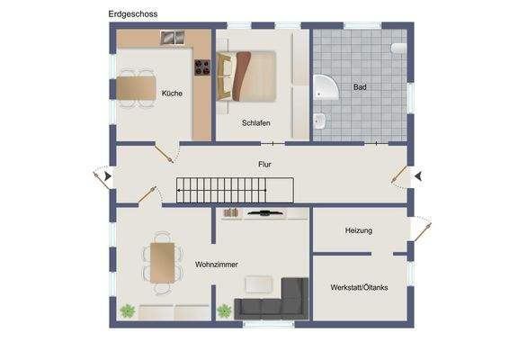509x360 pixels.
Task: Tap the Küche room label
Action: (171, 94)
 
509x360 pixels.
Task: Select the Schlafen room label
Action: (256, 123)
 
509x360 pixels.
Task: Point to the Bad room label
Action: (360, 88)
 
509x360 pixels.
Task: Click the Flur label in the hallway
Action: (263, 165)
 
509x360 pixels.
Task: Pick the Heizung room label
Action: (358, 231)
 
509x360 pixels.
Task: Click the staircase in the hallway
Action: (235, 189)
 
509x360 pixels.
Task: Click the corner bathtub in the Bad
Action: (326, 88)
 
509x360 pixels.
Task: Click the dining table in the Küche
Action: (138, 88)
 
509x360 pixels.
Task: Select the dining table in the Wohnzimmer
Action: (161, 263)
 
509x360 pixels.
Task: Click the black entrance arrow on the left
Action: (109, 176)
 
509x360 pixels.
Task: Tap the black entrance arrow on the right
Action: (416, 176)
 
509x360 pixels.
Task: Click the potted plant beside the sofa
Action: (224, 311)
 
